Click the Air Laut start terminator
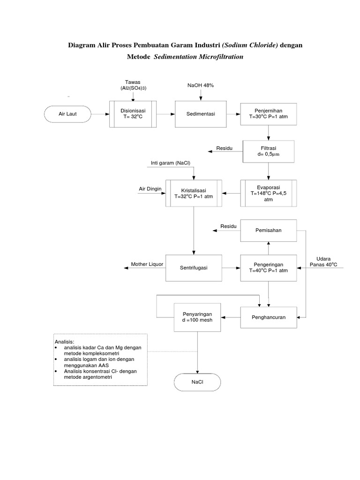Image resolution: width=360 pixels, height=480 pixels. click(67, 113)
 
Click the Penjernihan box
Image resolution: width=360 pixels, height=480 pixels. click(268, 113)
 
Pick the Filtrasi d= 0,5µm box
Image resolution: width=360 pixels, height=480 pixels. click(268, 151)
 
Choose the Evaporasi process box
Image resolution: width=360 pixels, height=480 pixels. click(268, 193)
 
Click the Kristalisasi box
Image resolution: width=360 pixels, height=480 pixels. click(194, 193)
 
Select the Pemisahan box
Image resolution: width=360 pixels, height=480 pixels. click(268, 231)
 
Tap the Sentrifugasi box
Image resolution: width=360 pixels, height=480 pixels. click(194, 268)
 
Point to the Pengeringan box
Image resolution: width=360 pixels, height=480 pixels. click(268, 268)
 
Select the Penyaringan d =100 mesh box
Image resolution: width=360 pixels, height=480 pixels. click(197, 317)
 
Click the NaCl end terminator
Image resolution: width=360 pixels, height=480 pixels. click(197, 382)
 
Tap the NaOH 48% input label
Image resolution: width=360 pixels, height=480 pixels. click(201, 85)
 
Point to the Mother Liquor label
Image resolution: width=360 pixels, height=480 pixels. click(147, 264)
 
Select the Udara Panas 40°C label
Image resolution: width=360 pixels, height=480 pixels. click(323, 262)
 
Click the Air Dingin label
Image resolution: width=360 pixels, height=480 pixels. click(150, 189)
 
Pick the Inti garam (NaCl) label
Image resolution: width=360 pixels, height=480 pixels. click(171, 163)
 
